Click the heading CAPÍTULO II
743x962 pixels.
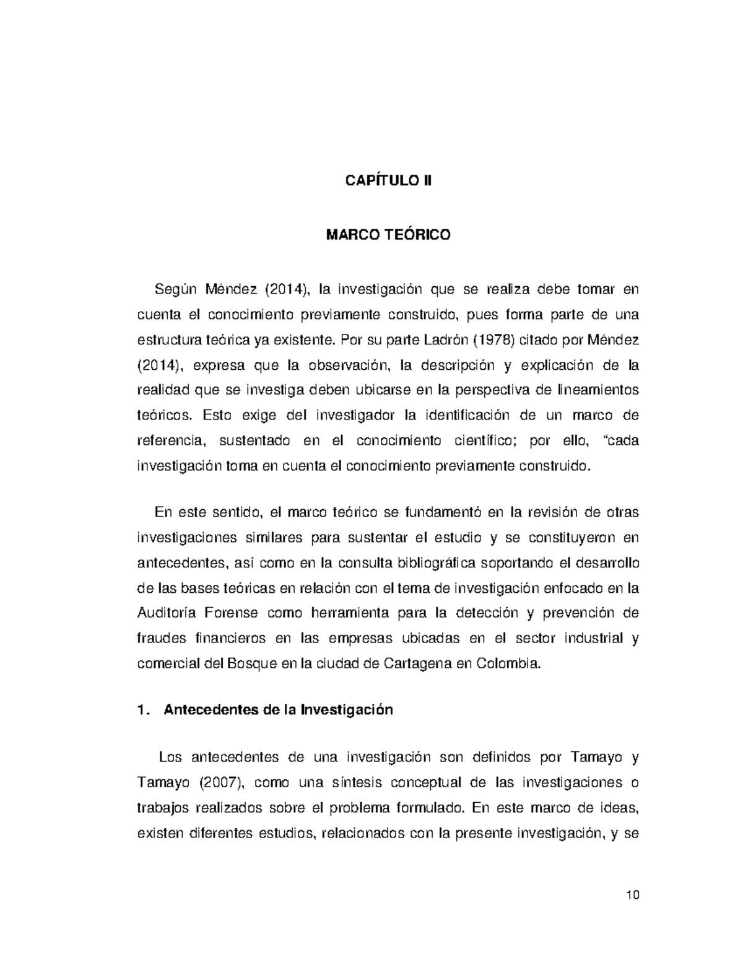(388, 181)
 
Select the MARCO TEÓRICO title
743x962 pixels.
(388, 235)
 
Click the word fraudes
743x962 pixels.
(160, 638)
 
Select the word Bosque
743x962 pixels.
(253, 663)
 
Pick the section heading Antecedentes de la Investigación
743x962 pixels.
(278, 710)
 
